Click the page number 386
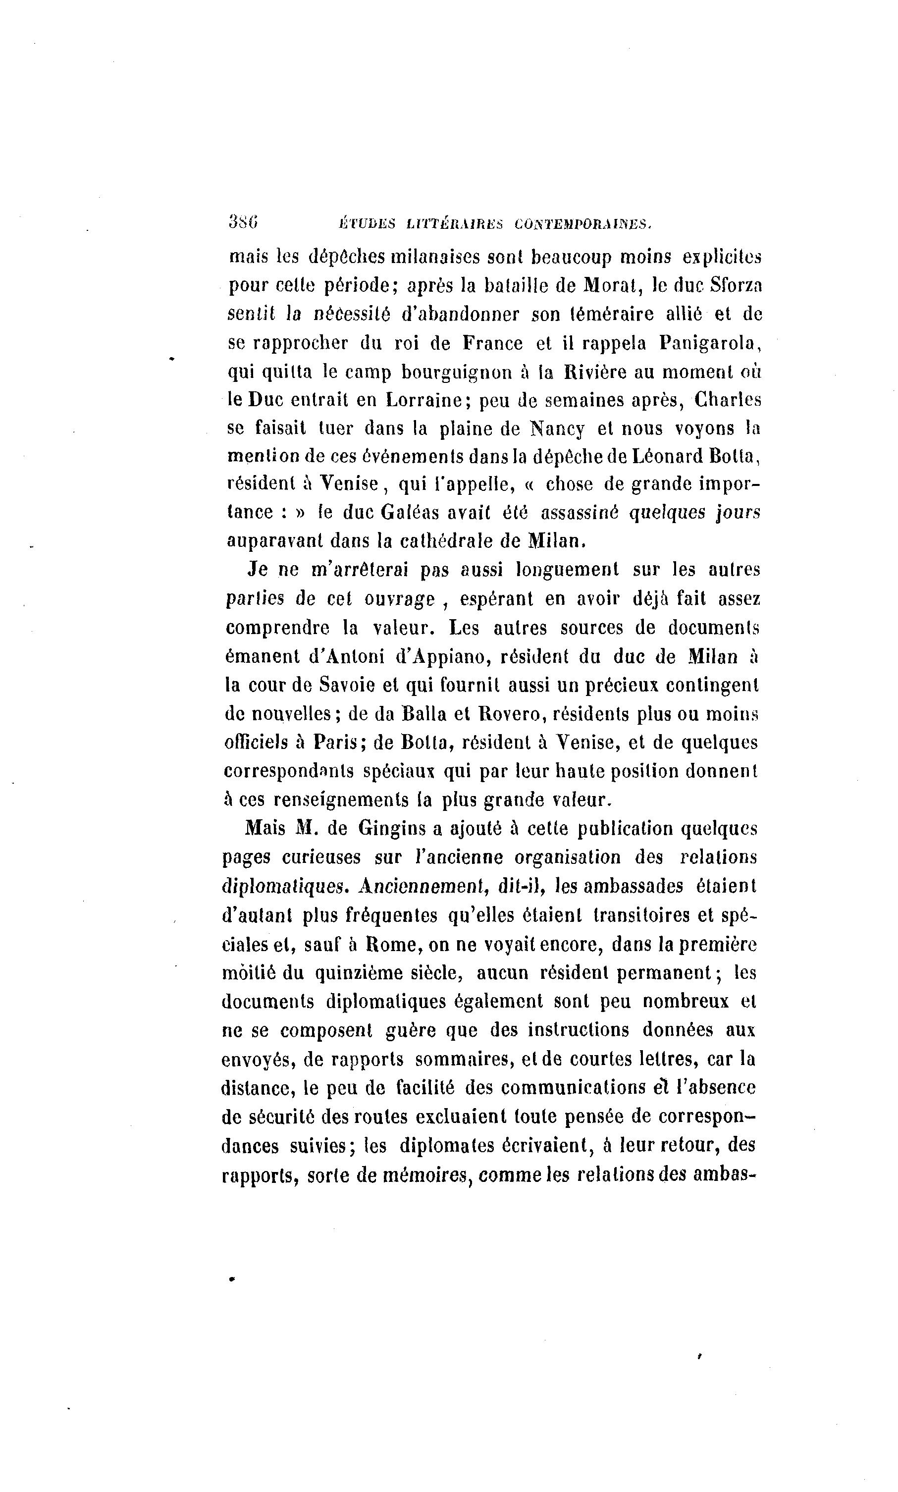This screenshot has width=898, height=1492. (243, 222)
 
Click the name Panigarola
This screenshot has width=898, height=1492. (709, 343)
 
